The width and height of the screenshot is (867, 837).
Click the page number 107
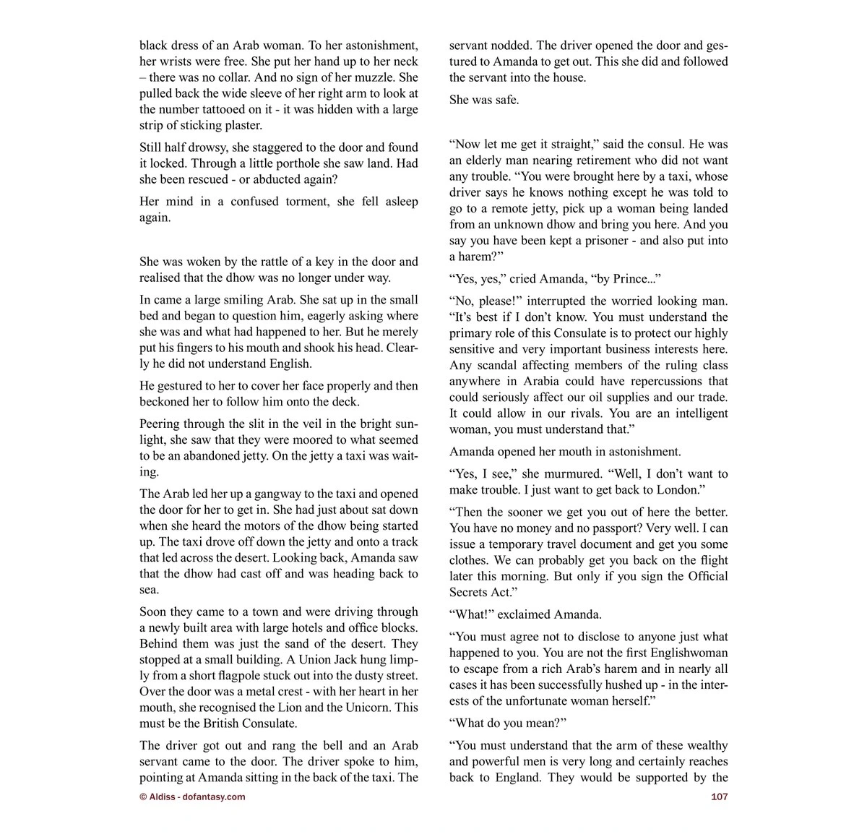[x=719, y=797]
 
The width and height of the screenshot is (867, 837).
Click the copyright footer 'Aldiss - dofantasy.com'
[x=192, y=797]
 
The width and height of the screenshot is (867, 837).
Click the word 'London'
[x=676, y=490]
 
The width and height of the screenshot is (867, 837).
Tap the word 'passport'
[x=639, y=528]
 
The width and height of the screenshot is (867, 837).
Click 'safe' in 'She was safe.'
[x=505, y=100]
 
